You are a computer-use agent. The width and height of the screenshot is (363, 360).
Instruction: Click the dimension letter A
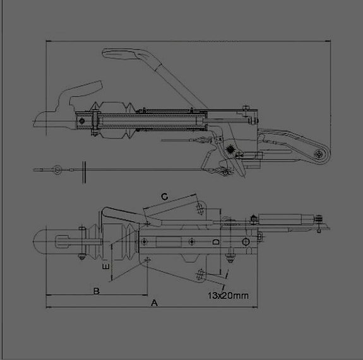coord(154,303)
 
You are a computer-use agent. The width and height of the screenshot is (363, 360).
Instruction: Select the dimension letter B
coord(97,291)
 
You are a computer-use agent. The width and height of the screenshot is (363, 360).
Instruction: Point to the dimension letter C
coord(164,197)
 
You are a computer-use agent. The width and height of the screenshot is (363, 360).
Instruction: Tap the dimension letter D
coord(215,242)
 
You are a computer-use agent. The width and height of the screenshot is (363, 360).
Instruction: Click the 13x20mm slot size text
coord(229,294)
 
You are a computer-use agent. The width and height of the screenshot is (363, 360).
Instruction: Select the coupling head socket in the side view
coord(49,119)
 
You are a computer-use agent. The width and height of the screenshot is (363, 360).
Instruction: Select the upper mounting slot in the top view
coord(201,209)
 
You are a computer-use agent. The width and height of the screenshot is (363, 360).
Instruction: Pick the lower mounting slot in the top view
coord(201,272)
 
